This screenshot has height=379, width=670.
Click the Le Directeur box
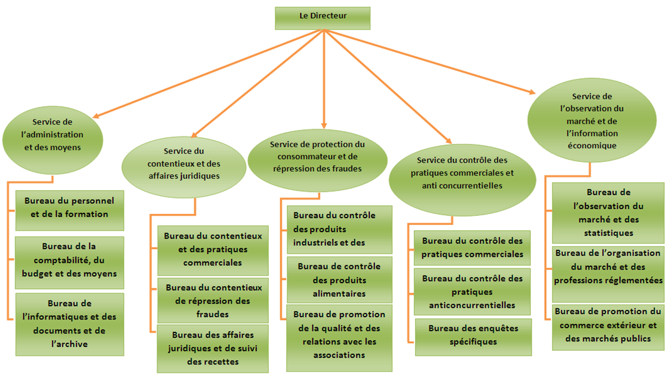click(322, 18)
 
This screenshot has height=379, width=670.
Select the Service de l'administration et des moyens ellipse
click(53, 140)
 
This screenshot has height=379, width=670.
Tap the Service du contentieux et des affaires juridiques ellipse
click(184, 167)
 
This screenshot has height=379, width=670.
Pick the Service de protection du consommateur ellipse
click(318, 161)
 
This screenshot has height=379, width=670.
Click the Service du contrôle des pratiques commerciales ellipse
click(462, 180)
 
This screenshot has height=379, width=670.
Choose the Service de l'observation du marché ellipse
click(592, 120)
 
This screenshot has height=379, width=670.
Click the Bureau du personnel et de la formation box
click(70, 210)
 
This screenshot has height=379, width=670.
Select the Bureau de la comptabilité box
click(70, 263)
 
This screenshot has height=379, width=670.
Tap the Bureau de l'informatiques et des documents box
click(70, 324)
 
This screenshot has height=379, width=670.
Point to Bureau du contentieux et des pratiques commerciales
click(213, 251)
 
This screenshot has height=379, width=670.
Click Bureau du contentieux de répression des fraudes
click(213, 301)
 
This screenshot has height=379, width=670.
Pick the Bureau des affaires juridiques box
click(213, 349)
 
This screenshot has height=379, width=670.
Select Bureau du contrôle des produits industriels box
click(340, 230)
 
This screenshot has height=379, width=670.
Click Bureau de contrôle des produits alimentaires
click(340, 280)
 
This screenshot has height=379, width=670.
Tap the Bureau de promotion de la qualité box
click(339, 338)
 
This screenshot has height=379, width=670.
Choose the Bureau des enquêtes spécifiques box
click(473, 337)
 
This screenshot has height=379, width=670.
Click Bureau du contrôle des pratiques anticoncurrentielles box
click(472, 292)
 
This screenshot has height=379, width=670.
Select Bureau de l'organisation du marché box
click(608, 274)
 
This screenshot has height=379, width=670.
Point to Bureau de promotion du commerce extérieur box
click(608, 327)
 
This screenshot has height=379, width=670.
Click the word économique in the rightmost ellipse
click(592, 146)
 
